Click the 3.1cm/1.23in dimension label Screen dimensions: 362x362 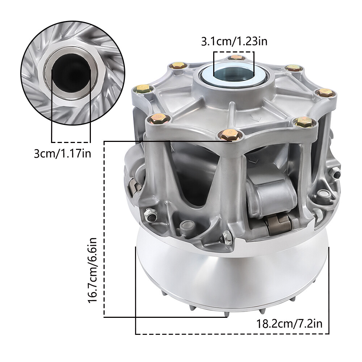click(x=234, y=42)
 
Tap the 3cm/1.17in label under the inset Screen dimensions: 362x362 click(x=62, y=153)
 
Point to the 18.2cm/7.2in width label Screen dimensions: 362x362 click(x=289, y=323)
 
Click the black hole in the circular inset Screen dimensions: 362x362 click(x=71, y=73)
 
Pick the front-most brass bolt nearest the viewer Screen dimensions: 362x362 click(x=229, y=134)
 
